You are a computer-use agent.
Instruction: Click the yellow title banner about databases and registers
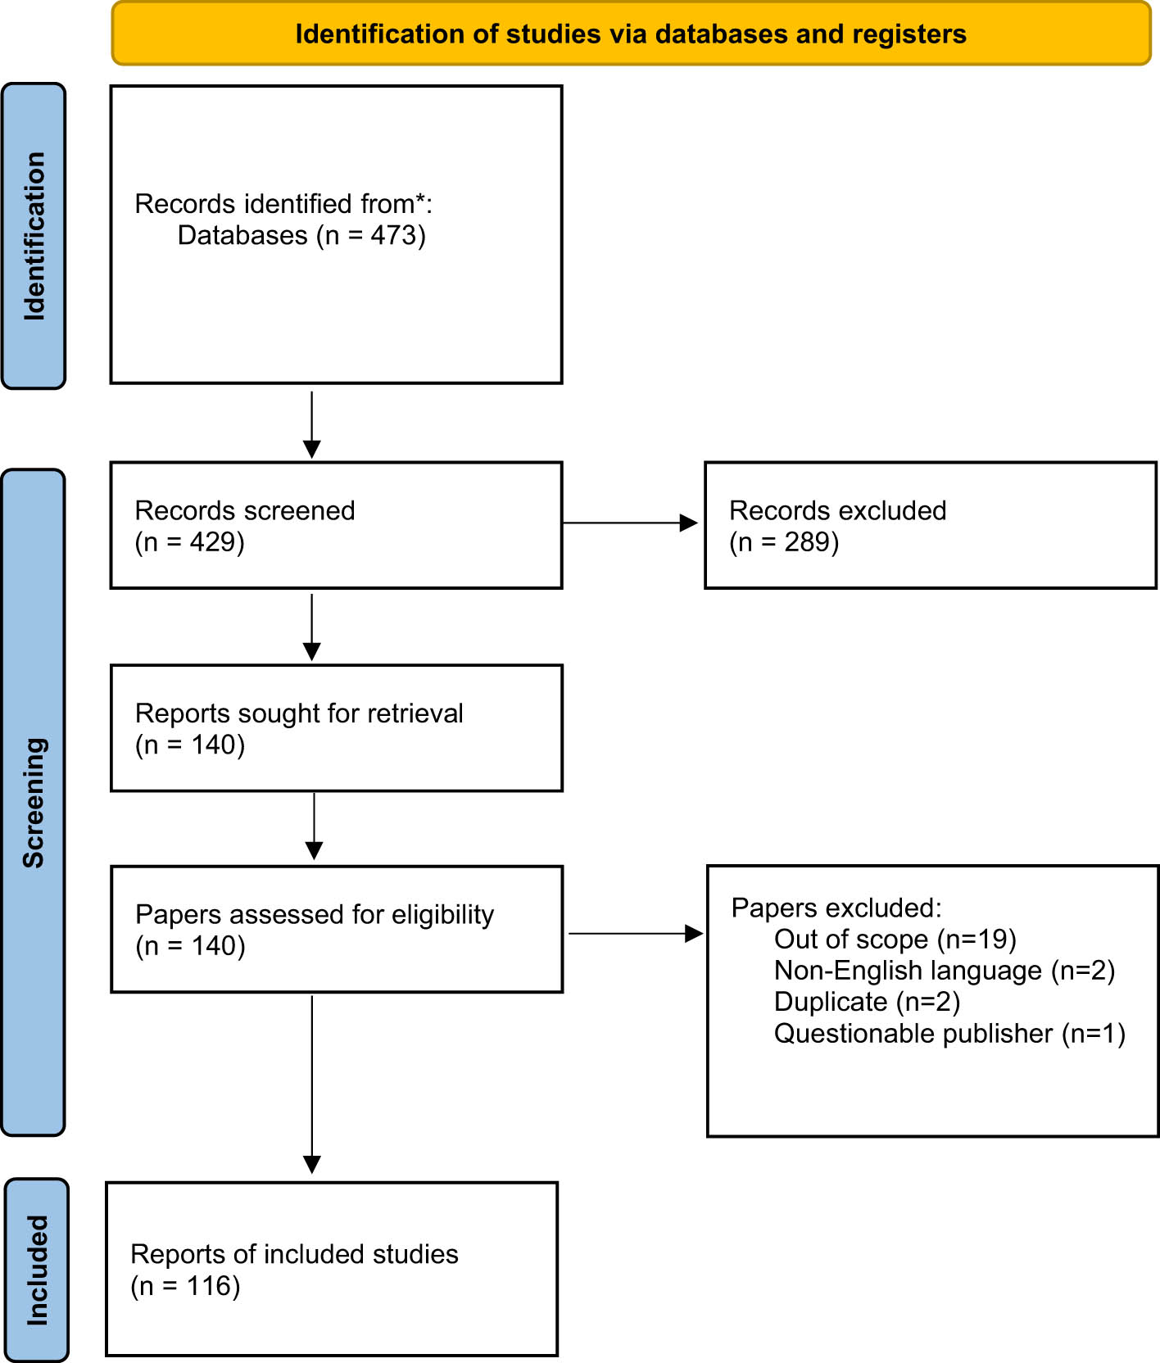(631, 34)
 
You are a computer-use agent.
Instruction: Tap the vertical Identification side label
(34, 236)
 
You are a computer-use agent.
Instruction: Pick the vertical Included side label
(37, 1270)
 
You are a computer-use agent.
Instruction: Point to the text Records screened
(244, 510)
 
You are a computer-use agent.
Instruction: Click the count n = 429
(189, 542)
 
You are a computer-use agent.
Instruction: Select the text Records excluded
(837, 510)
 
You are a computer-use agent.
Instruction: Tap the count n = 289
(784, 542)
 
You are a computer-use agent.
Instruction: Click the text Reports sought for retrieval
(299, 713)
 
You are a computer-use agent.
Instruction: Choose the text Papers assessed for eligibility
(315, 914)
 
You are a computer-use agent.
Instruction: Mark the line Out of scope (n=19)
(895, 940)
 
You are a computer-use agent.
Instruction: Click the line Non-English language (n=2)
(944, 971)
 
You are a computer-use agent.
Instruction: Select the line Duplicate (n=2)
(867, 1002)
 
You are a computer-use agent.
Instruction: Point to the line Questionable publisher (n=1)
(949, 1034)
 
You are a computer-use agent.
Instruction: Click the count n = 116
(185, 1286)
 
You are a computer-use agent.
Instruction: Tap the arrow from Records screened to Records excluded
(629, 523)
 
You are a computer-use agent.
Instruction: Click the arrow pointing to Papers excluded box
(635, 933)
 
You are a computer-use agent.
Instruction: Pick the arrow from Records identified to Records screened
(312, 424)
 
